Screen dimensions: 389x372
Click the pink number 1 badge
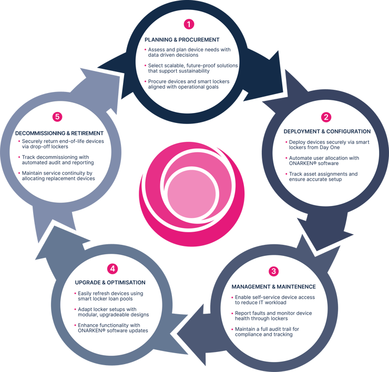(189, 24)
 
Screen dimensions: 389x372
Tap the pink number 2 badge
(326, 117)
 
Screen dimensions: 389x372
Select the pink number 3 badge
(274, 271)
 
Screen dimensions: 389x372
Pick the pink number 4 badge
(112, 269)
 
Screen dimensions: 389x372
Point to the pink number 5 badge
(57, 117)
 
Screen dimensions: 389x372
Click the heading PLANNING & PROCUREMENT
(182, 40)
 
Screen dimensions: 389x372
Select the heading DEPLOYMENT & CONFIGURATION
(327, 131)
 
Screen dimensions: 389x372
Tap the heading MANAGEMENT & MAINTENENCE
(274, 287)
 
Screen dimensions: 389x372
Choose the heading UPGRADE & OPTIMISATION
(110, 283)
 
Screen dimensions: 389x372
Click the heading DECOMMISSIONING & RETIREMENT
(59, 133)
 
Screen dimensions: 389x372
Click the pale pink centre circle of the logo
(191, 194)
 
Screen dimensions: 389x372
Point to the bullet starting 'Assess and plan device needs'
(188, 53)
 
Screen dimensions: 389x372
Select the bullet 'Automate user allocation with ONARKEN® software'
(322, 161)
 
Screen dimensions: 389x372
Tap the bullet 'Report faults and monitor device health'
(272, 316)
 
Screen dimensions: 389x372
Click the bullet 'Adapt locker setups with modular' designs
(111, 312)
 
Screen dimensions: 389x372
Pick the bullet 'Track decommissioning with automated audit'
(56, 160)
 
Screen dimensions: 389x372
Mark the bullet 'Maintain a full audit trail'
(265, 332)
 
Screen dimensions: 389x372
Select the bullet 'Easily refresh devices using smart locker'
(109, 296)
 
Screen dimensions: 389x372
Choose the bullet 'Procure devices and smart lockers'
(187, 84)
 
